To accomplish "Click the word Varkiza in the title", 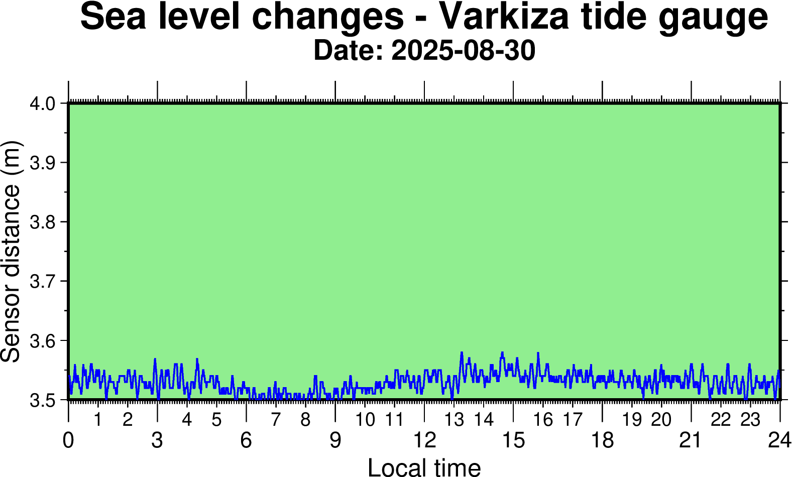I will tap(504, 17).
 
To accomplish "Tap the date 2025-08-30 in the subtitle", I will tap(463, 51).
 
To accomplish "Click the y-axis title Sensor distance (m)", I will tap(11, 251).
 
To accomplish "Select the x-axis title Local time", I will tap(424, 467).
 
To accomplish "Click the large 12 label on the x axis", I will tap(424, 440).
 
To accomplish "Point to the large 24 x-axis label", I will tap(779, 440).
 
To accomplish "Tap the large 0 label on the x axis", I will tap(68, 440).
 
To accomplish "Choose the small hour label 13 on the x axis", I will tap(455, 419).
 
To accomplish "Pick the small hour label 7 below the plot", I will tap(276, 419).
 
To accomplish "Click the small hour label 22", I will tap(721, 419).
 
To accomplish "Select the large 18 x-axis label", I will tap(602, 440).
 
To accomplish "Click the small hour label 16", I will tap(543, 419).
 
